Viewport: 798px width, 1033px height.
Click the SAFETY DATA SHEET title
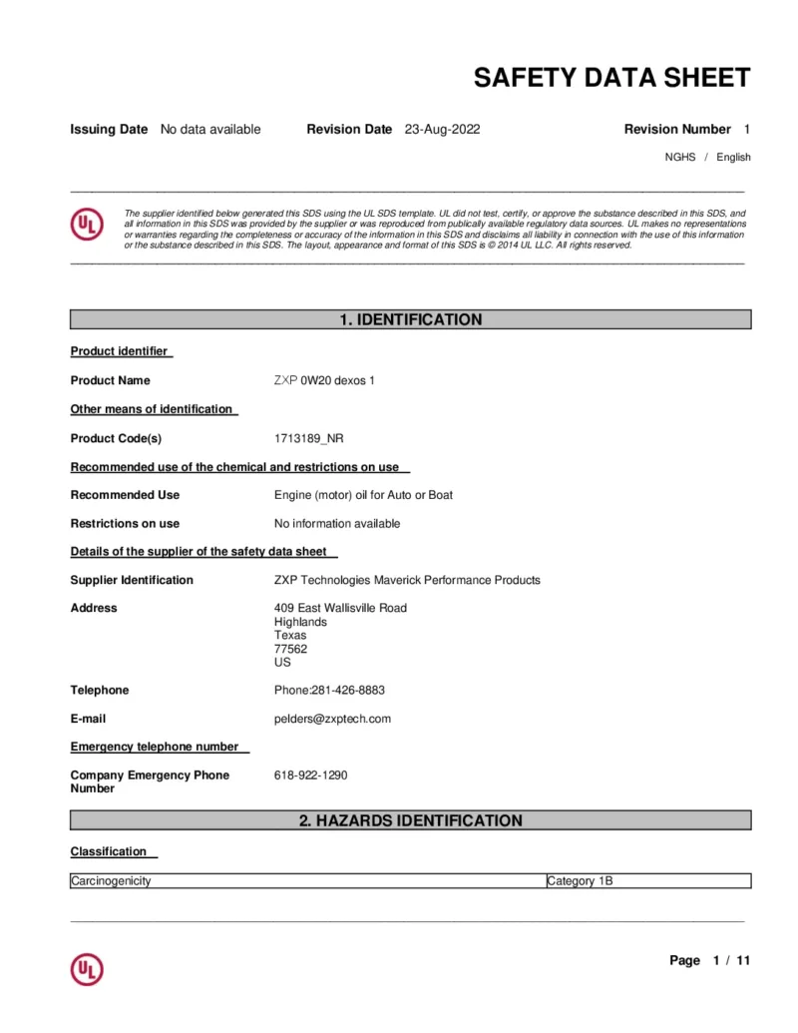click(611, 78)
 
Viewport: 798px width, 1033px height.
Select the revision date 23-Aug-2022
click(442, 129)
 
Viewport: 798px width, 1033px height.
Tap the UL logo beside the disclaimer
click(87, 226)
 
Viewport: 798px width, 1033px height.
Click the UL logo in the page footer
click(87, 969)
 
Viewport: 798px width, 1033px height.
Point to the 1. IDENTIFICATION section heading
click(410, 320)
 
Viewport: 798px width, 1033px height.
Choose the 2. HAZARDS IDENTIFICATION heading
click(410, 820)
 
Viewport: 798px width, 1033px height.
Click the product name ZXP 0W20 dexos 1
click(324, 380)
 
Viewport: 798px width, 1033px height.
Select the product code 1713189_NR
click(308, 438)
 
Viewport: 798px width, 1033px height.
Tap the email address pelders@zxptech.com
click(332, 719)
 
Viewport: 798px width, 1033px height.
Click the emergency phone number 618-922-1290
click(311, 775)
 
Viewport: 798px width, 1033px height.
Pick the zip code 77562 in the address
click(290, 649)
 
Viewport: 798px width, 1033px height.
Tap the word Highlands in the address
click(300, 622)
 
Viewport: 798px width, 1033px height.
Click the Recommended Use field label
click(125, 495)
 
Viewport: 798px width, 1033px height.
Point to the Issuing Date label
click(109, 129)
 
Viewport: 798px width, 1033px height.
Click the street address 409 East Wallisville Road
click(340, 608)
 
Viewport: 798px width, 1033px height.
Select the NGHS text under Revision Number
click(680, 158)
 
